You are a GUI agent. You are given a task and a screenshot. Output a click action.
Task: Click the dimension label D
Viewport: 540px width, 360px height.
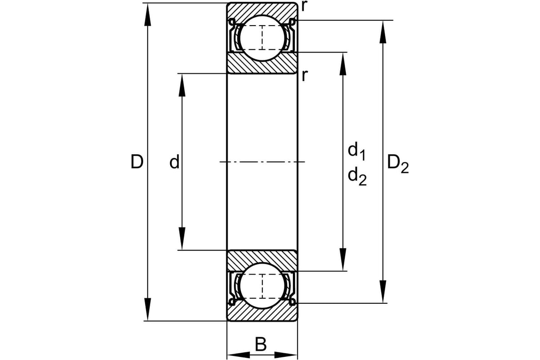coord(136,162)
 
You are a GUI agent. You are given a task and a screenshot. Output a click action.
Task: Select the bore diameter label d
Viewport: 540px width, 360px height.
coord(174,162)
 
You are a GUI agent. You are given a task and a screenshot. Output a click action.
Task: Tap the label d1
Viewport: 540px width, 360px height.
coord(356,151)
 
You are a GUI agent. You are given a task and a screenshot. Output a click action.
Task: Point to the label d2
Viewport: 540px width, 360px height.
coord(357,177)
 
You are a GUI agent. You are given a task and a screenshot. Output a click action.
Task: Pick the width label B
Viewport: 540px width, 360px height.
coord(261,345)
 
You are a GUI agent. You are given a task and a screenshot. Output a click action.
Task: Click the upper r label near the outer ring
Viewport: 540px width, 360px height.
coord(305,6)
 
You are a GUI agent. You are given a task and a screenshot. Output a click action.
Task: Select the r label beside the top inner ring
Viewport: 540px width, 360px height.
coord(305,76)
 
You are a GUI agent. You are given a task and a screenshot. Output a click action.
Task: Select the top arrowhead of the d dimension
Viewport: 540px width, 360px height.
coord(182,83)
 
